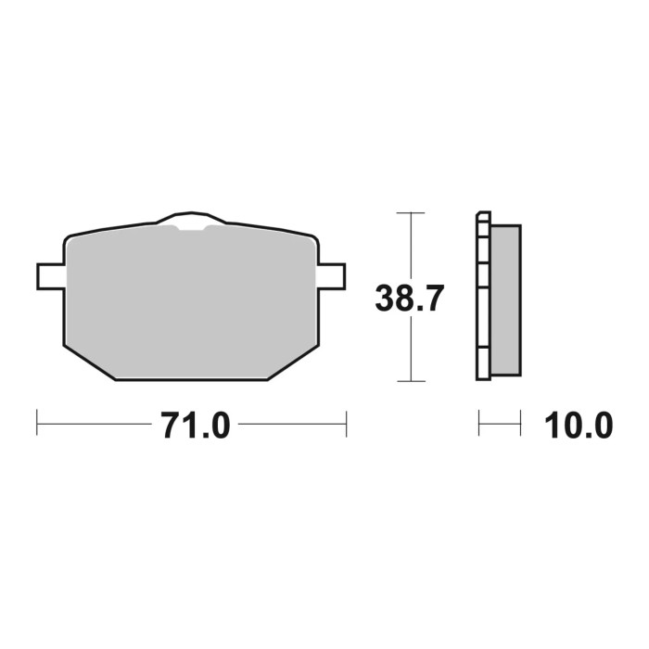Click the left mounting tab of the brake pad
[50, 274]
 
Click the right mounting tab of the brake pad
[332, 274]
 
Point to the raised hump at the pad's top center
[191, 218]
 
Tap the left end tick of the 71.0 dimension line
[37, 425]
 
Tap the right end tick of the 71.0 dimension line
[346, 425]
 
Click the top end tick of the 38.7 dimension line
[410, 213]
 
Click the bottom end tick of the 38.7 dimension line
[410, 381]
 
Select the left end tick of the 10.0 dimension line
[479, 425]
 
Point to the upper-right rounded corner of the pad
[313, 241]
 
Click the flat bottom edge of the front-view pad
[191, 380]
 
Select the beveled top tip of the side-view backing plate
[480, 216]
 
